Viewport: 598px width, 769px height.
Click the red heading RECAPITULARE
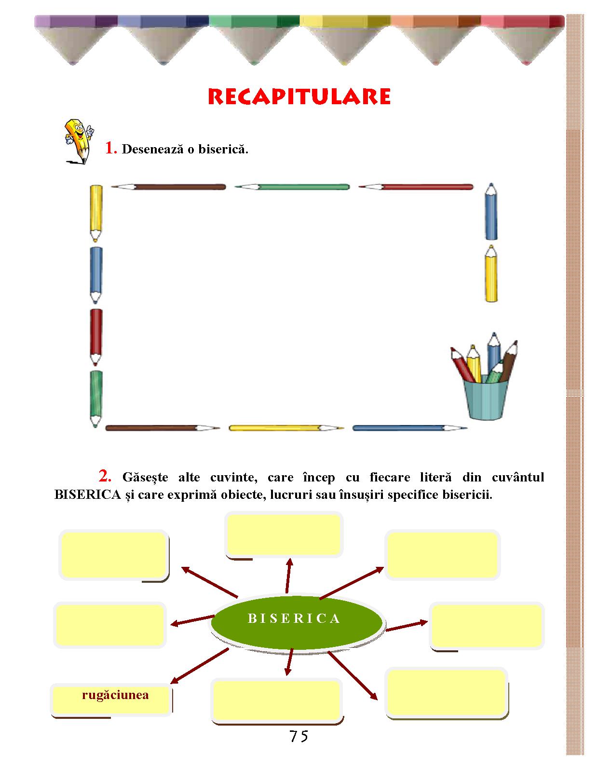click(299, 96)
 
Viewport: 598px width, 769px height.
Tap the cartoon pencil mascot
click(79, 141)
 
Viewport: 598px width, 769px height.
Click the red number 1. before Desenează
click(111, 148)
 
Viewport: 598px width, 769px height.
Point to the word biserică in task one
click(223, 149)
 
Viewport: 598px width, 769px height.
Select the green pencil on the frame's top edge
click(292, 187)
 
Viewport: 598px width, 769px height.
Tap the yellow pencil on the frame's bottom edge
click(286, 428)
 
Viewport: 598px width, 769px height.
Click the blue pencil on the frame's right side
click(491, 212)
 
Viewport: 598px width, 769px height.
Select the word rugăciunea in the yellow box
click(115, 695)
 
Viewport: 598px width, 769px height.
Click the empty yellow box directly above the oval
click(284, 535)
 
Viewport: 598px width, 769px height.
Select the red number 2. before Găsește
click(105, 476)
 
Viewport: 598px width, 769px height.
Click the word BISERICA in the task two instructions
click(88, 494)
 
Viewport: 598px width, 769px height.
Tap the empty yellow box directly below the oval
click(277, 700)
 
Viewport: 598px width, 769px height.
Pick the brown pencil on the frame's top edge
click(168, 187)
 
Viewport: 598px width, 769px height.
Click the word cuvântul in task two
click(518, 478)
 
